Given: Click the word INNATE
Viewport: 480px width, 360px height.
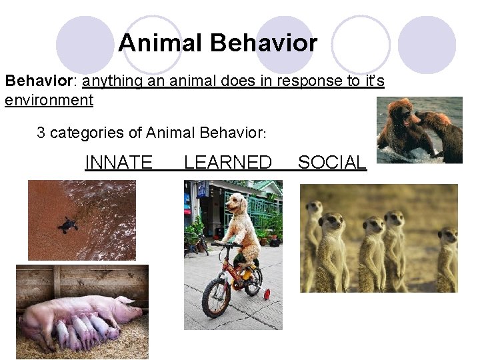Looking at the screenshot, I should [x=119, y=162].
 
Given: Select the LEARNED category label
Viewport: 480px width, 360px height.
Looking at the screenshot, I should [x=227, y=162].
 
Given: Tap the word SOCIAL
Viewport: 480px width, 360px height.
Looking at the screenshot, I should [x=332, y=162].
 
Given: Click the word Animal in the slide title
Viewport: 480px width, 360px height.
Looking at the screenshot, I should [x=161, y=44].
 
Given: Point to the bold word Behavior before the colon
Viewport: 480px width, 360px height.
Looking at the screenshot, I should [x=37, y=81].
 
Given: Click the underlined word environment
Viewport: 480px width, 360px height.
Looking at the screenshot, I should [x=49, y=101].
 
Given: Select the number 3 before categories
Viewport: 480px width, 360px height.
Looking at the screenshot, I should [x=41, y=133].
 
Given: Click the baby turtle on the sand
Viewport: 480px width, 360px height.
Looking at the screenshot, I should [x=67, y=225].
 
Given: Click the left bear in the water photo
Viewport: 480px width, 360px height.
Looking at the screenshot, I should [x=400, y=127].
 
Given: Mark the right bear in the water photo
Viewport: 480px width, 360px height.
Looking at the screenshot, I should [x=443, y=133].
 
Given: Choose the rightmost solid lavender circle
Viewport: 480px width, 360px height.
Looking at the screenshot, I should [x=427, y=45].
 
